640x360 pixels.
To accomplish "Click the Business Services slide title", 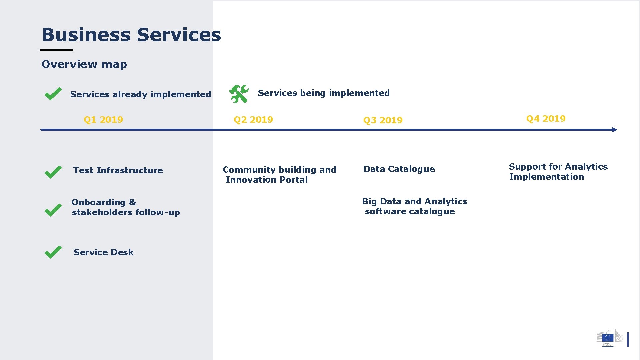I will coord(131,35).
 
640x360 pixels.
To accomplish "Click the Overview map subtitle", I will coord(84,64).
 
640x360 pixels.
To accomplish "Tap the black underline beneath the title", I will coord(56,50).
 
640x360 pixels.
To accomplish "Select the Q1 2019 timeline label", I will coord(103,120).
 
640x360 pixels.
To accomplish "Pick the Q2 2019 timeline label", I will coord(253,120).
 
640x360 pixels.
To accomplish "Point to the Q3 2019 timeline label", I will coord(383,120).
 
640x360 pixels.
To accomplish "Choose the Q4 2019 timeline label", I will coord(546,119).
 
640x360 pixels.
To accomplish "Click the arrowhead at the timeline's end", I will coord(615,130).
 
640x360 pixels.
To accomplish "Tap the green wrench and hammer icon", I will coord(239,94).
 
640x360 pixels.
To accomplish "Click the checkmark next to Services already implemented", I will coord(53,94).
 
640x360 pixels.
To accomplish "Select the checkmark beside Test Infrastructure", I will coord(53,172).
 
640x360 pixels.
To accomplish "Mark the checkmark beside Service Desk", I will coord(53,252).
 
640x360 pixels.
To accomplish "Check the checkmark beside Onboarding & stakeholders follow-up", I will coord(53,210).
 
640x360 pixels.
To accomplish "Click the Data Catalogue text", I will coord(399,169).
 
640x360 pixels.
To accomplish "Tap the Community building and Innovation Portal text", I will coord(279,175).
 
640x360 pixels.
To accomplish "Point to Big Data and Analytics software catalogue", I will coord(414,206).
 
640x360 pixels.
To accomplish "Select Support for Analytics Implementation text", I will coord(558,172).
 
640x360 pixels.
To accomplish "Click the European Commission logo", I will coord(609,338).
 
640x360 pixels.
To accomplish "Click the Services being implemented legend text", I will coord(323,93).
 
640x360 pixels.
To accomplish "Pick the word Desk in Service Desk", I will coord(122,252).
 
